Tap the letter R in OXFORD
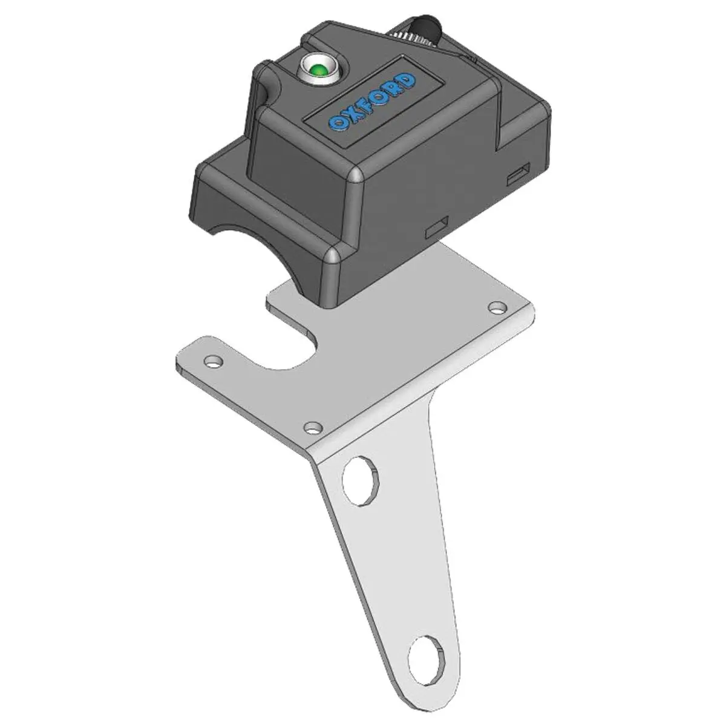(396, 88)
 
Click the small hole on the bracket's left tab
(212, 362)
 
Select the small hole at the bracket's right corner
(497, 307)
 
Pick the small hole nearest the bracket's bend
(312, 428)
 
